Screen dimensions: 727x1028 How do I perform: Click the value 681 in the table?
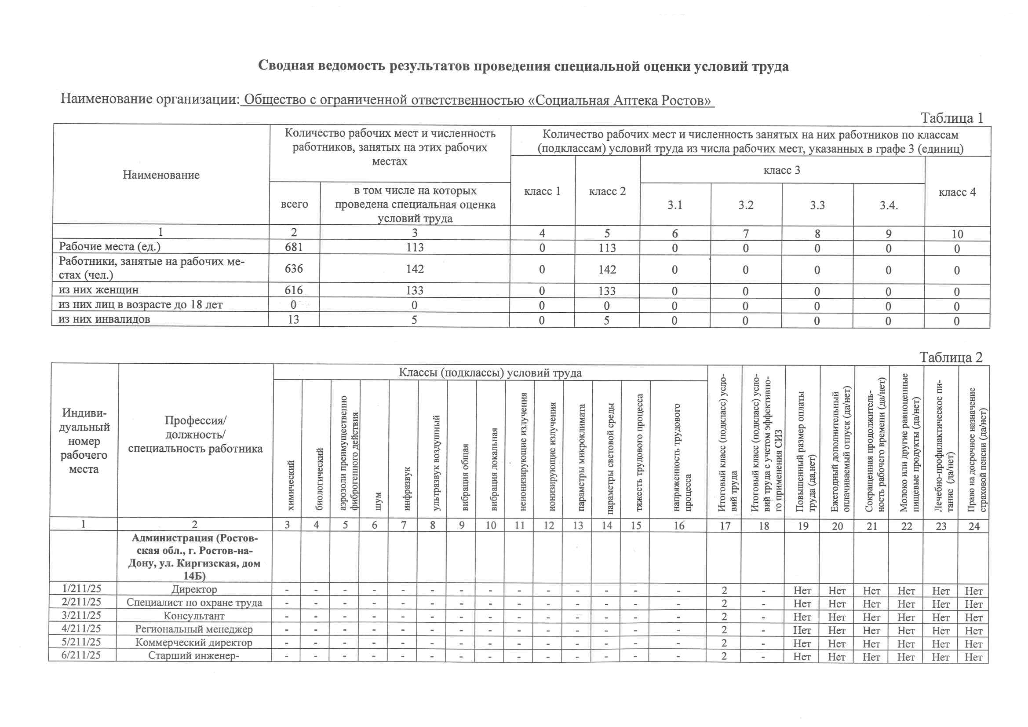tap(294, 247)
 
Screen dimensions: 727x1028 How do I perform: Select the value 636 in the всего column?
tap(294, 268)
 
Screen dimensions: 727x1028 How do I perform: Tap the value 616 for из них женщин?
tap(294, 290)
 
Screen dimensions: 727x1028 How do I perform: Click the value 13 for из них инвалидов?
tap(293, 319)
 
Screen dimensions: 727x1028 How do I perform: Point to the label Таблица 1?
tap(951, 118)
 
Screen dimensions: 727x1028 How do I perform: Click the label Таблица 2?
tap(951, 357)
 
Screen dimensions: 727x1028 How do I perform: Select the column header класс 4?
tap(957, 192)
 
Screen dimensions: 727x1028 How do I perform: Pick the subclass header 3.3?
tap(817, 205)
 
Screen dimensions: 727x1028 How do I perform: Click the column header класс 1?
tap(542, 191)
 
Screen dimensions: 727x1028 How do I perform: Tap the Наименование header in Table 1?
tap(161, 175)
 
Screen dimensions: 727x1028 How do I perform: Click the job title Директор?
tap(194, 589)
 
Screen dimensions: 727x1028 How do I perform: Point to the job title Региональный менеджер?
tap(194, 629)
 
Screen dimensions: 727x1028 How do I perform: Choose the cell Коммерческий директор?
tap(194, 643)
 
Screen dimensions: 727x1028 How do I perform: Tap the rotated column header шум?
tap(377, 501)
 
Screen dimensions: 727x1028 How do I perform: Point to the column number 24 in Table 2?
tap(973, 526)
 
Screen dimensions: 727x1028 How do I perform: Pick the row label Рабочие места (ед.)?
tap(109, 246)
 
